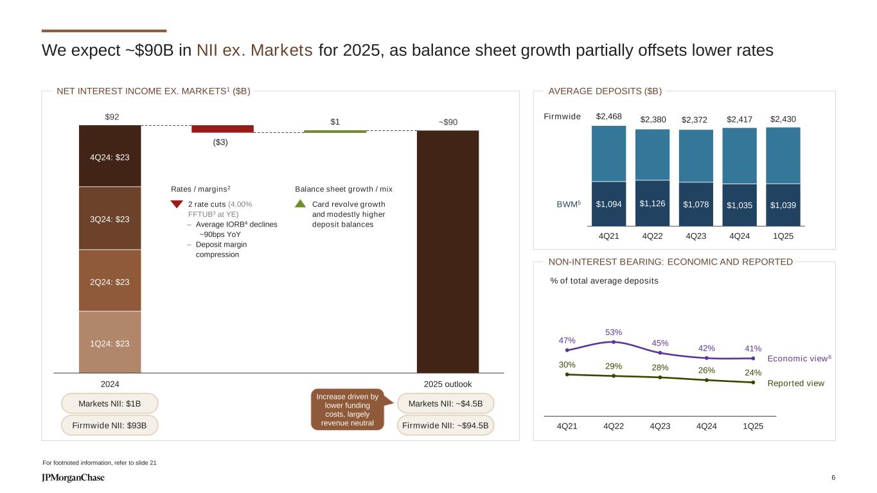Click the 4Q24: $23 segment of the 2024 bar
point(110,156)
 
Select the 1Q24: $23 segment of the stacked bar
point(110,343)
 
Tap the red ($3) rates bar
point(222,129)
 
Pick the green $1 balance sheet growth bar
point(335,131)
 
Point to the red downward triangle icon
point(177,204)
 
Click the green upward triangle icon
point(301,203)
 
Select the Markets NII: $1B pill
point(110,403)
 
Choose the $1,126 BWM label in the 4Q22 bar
point(652,203)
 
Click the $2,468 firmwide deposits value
point(608,116)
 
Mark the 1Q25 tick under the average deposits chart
point(783,236)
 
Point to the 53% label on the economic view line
point(614,332)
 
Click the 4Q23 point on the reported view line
point(660,377)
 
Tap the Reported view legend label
point(795,383)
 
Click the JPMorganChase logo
point(73,478)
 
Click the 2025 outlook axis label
point(448,384)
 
